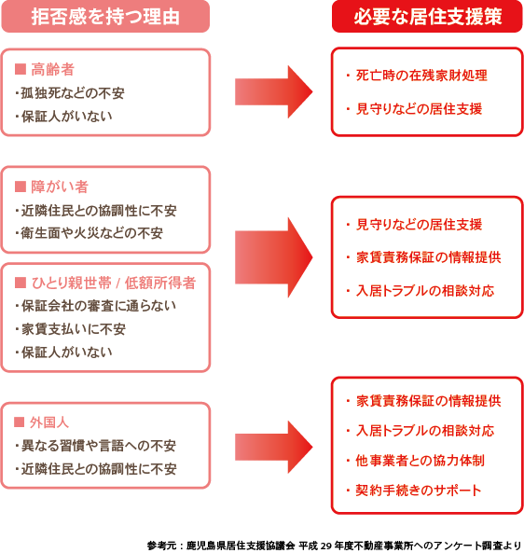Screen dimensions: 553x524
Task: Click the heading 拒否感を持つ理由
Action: coord(105,17)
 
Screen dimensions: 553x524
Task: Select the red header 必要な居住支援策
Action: coord(426,17)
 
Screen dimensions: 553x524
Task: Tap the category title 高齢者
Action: coord(52,70)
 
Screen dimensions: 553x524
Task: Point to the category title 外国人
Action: coord(52,422)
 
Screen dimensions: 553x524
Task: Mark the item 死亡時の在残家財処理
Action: coord(416,75)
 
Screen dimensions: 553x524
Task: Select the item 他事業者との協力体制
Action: coord(413,461)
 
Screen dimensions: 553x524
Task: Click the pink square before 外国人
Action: coord(21,422)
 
